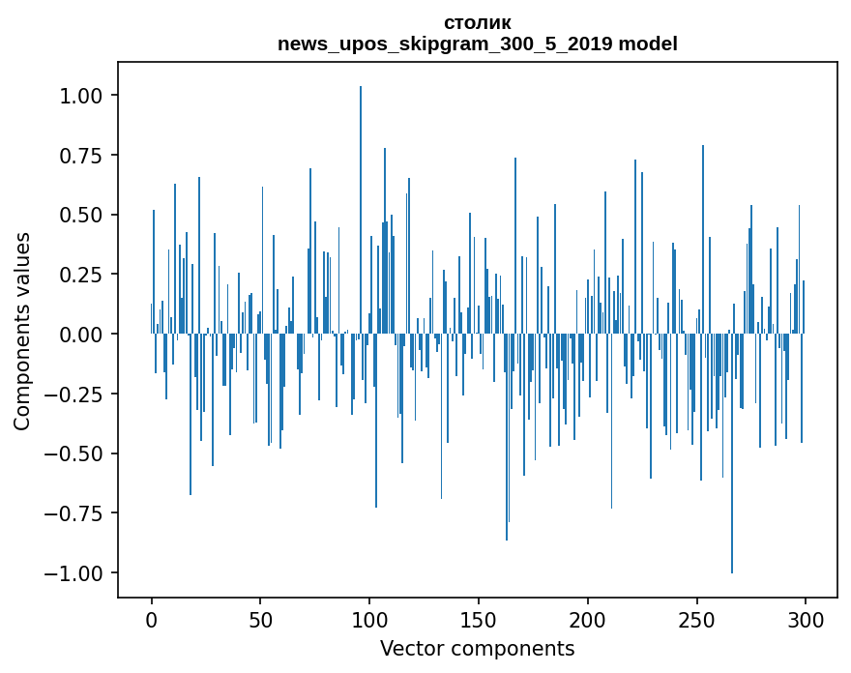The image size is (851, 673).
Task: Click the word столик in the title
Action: (478, 22)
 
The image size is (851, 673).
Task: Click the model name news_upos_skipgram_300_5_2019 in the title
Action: (446, 44)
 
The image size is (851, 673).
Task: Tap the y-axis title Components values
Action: (22, 332)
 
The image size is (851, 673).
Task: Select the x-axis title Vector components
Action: (477, 648)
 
